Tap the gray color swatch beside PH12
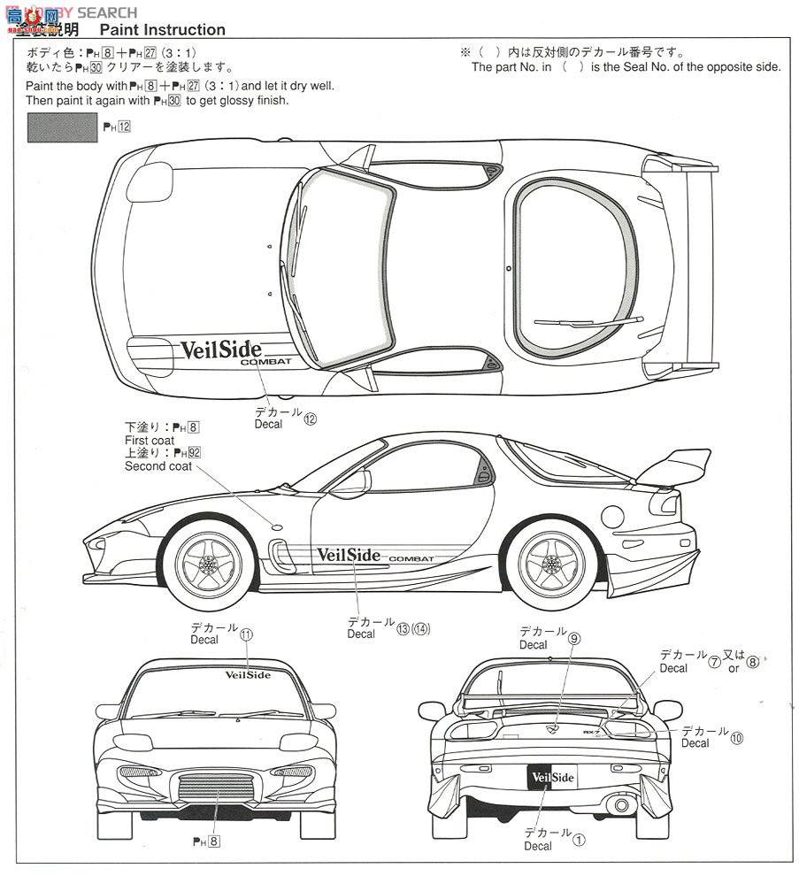pos(63,127)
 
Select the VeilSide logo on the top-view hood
pos(220,349)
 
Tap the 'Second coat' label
pos(157,466)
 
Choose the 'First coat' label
pos(150,440)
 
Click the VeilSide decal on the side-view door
pos(348,555)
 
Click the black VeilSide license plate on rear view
pos(551,778)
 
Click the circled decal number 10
pos(737,737)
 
